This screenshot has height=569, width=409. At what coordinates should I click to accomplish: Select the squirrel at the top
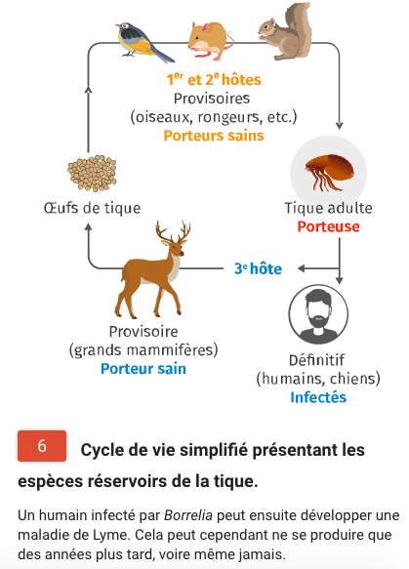pyautogui.click(x=286, y=32)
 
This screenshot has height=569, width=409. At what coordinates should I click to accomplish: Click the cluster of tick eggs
pyautogui.click(x=92, y=173)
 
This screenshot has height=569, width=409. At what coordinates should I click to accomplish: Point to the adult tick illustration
pyautogui.click(x=329, y=172)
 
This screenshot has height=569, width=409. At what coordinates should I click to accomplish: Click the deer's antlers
pyautogui.click(x=174, y=230)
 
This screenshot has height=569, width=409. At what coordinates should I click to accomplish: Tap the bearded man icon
pyautogui.click(x=318, y=314)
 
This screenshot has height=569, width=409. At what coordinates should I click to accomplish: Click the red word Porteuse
pyautogui.click(x=328, y=226)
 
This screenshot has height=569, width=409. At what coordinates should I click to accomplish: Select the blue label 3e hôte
pyautogui.click(x=258, y=268)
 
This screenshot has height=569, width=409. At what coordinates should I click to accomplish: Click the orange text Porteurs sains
pyautogui.click(x=214, y=136)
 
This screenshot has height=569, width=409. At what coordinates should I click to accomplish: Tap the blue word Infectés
pyautogui.click(x=318, y=397)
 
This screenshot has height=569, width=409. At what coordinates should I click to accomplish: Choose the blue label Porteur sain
pyautogui.click(x=143, y=368)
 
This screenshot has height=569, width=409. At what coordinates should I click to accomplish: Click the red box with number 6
pyautogui.click(x=42, y=446)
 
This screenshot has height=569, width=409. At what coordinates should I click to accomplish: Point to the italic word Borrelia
pyautogui.click(x=188, y=515)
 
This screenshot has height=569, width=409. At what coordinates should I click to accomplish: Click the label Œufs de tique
pyautogui.click(x=92, y=208)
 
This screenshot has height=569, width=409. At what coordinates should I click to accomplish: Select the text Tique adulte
pyautogui.click(x=328, y=208)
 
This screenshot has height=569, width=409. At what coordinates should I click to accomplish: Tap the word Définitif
pyautogui.click(x=316, y=360)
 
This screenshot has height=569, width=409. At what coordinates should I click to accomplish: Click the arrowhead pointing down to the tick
pyautogui.click(x=340, y=126)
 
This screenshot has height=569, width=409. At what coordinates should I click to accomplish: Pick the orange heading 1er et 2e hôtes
pyautogui.click(x=214, y=79)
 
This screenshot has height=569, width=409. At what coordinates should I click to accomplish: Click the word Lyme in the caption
pyautogui.click(x=113, y=535)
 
